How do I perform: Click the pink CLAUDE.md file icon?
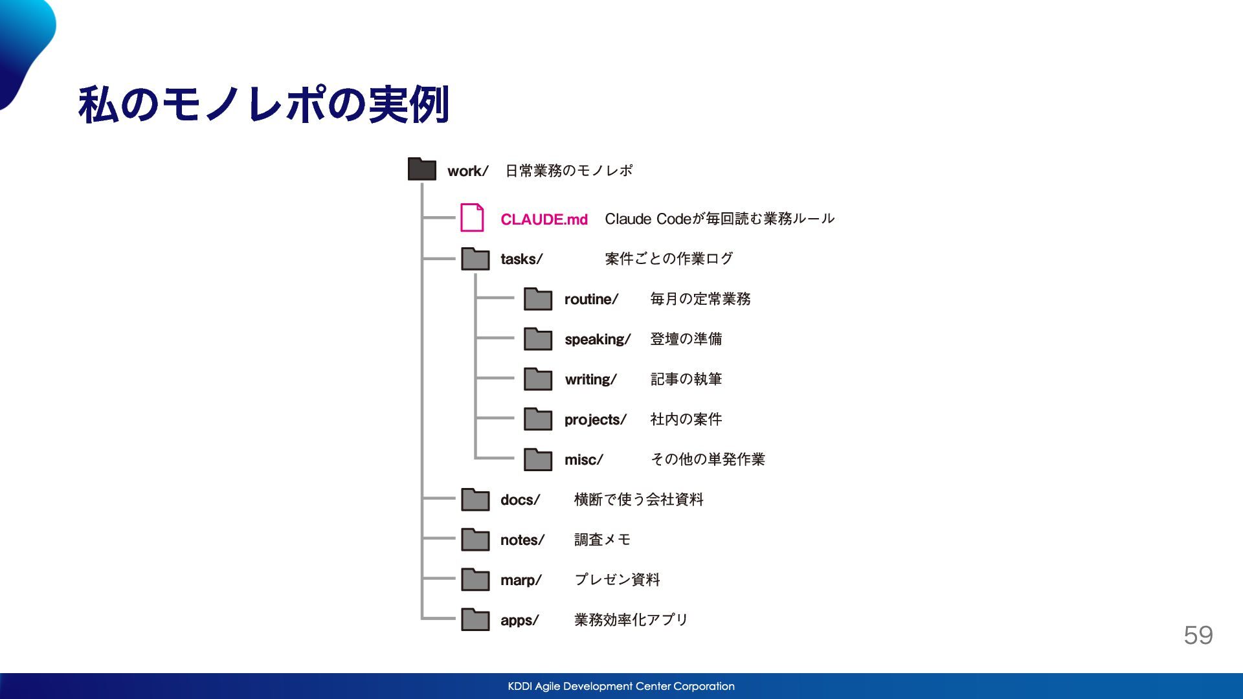click(472, 217)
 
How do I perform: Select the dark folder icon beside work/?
click(422, 169)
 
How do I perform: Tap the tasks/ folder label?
click(521, 259)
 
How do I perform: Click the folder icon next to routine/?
click(538, 298)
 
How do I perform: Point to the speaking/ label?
click(597, 340)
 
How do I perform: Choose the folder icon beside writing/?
click(538, 379)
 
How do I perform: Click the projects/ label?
click(595, 420)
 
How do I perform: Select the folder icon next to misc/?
click(538, 459)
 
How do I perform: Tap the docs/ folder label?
click(520, 500)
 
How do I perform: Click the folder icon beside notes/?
click(475, 539)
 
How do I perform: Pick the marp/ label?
click(521, 581)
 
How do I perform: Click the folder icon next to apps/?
click(475, 619)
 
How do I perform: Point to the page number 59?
click(1198, 636)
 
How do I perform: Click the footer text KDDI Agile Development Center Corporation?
click(621, 686)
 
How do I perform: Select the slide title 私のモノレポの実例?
click(263, 104)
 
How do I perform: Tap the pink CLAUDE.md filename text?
click(544, 219)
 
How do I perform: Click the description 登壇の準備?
click(686, 339)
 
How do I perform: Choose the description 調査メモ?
click(602, 540)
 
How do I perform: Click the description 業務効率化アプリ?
click(631, 620)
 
